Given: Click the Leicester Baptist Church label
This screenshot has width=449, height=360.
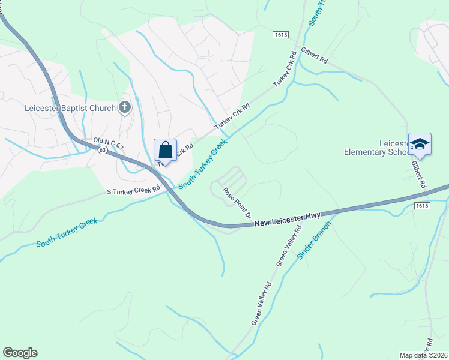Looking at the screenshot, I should pos(70,109).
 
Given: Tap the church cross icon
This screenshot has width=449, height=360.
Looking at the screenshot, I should pos(125,108).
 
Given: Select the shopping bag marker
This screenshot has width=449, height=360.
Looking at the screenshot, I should pos(164,149).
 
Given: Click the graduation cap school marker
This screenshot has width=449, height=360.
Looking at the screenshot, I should pos(420,144).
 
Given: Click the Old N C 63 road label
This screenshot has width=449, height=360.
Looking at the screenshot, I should pos(107,142).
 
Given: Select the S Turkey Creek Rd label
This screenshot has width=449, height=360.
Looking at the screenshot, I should pos(133,191).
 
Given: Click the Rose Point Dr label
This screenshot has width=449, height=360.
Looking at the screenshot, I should pos(235,202).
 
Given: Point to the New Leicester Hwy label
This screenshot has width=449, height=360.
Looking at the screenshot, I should pos(288,219).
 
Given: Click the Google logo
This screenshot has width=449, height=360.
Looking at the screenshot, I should pos(20,353).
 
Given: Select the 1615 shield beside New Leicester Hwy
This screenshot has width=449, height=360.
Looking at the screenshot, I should pos(422,205).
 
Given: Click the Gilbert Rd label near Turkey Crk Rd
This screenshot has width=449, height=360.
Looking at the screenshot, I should pos(315,56).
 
